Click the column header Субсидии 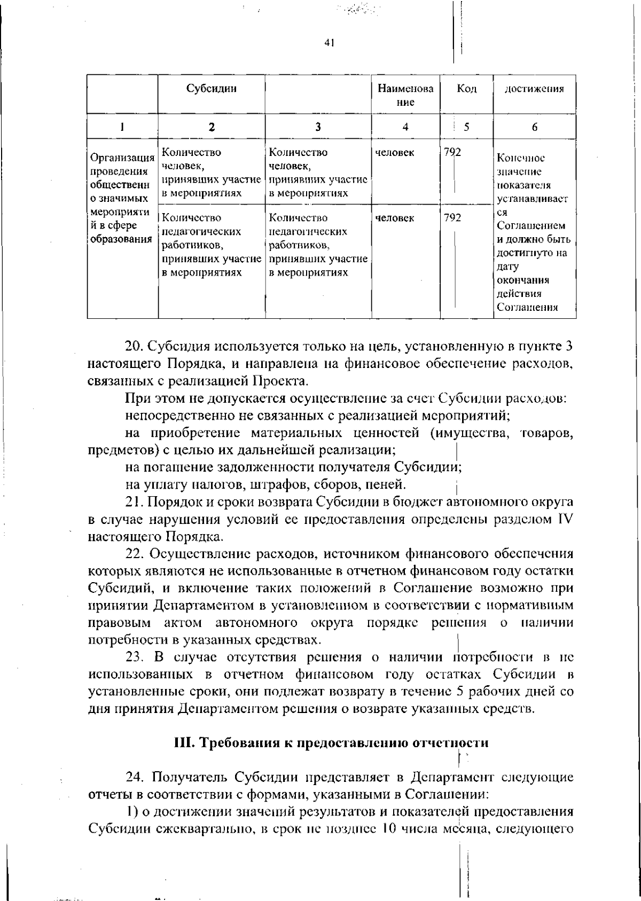point(212,89)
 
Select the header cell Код point(466,89)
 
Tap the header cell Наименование point(406,95)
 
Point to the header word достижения point(535,89)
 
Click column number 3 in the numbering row point(318,127)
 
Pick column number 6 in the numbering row point(535,127)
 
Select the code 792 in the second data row point(452,218)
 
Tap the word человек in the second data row point(395,218)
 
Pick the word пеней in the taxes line point(388,485)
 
